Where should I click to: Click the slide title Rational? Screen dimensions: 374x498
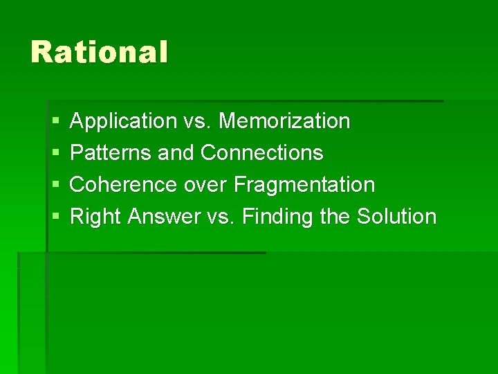99,53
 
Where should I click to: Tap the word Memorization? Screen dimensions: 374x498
284,121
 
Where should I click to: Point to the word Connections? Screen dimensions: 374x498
261,152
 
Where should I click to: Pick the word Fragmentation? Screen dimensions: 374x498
304,185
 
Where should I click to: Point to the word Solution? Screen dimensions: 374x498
396,217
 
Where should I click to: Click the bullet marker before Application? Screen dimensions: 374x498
55,122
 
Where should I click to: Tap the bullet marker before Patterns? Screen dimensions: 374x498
55,153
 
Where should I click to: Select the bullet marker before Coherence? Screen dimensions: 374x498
55,186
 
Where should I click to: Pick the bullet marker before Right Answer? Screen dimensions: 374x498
55,217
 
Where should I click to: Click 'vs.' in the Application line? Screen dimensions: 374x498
197,122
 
